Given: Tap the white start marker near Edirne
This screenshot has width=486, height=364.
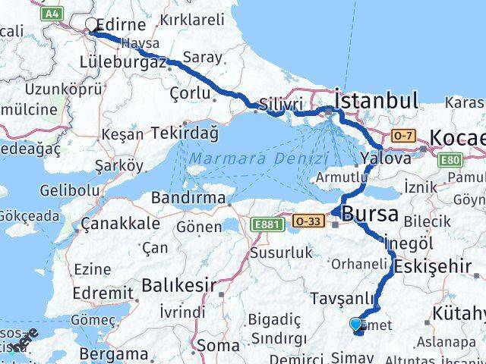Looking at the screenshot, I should click(x=92, y=25).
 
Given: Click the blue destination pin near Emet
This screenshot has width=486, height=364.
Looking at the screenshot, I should click(x=356, y=325).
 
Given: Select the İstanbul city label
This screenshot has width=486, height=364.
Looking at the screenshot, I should click(x=376, y=100).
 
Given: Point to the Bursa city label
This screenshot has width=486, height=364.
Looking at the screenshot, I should click(x=370, y=214).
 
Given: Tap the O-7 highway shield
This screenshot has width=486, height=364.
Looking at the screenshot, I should click(x=402, y=135).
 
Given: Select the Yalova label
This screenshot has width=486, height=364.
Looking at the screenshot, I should click(x=386, y=158).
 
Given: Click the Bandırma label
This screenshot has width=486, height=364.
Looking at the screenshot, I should click(x=188, y=198).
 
